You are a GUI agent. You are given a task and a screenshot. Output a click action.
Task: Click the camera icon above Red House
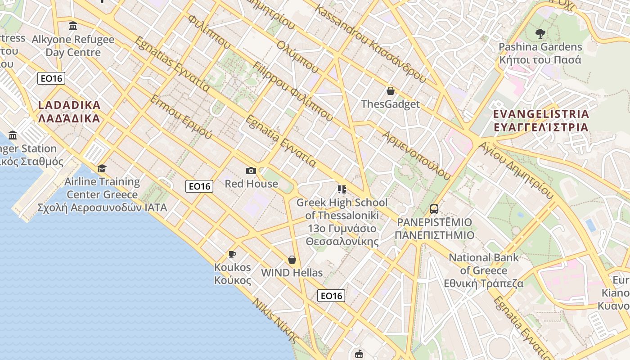pyautogui.click(x=251, y=171)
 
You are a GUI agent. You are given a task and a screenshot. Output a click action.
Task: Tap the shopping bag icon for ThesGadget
pyautogui.click(x=390, y=91)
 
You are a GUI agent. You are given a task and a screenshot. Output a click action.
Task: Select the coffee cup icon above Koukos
pyautogui.click(x=232, y=254)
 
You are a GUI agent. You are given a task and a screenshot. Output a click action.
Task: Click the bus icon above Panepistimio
pyautogui.click(x=434, y=209)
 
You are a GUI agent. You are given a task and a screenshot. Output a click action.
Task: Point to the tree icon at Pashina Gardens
pyautogui.click(x=540, y=33)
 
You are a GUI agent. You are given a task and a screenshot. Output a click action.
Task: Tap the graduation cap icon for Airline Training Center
pyautogui.click(x=102, y=168)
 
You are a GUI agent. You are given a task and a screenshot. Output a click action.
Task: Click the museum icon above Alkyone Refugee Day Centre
pyautogui.click(x=73, y=26)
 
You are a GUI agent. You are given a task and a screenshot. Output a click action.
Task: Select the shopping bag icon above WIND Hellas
pyautogui.click(x=292, y=260)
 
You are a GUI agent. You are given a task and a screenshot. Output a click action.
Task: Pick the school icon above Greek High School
pyautogui.click(x=342, y=189)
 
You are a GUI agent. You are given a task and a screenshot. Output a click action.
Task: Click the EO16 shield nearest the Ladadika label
pyautogui.click(x=51, y=78)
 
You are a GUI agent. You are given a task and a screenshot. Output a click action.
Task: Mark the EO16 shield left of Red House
pyautogui.click(x=199, y=186)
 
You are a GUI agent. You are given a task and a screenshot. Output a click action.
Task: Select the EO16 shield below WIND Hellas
pyautogui.click(x=331, y=296)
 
